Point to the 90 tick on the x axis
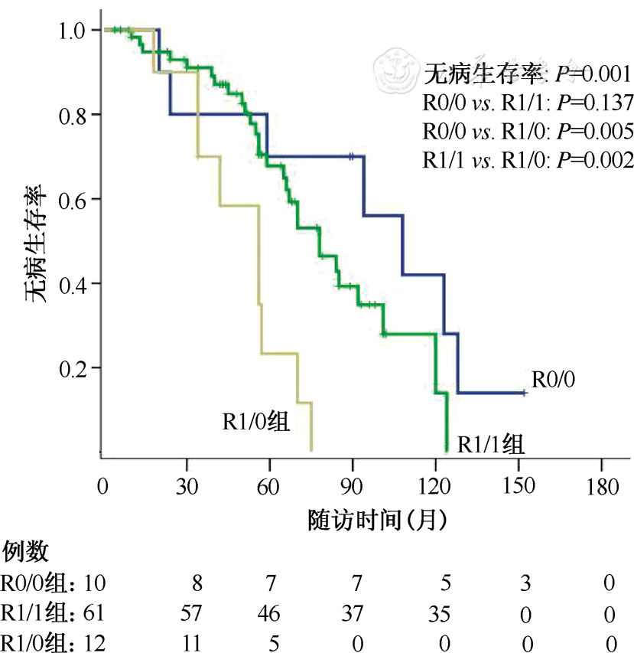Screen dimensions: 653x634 click(x=352, y=487)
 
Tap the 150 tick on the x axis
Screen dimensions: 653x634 click(x=519, y=487)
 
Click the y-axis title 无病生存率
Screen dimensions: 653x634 click(x=43, y=233)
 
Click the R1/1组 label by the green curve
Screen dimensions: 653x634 click(x=490, y=444)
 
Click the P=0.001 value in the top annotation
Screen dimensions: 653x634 click(x=592, y=74)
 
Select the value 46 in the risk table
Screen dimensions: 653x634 click(x=268, y=613)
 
